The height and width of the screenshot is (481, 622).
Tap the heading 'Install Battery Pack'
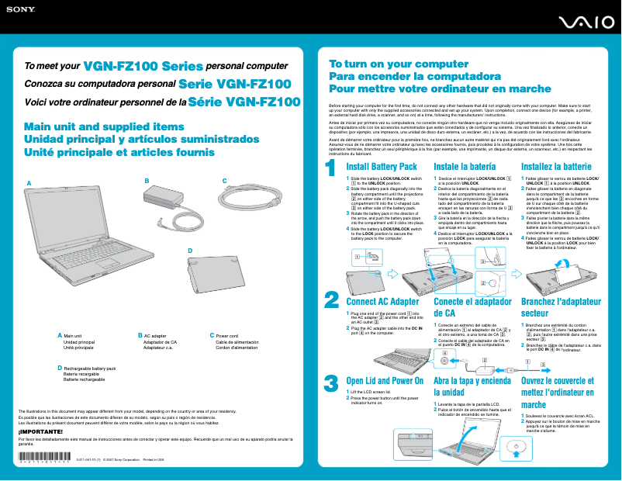(382, 167)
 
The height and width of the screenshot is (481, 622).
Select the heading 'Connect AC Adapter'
(382, 302)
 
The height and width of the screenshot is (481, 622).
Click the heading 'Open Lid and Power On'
(385, 381)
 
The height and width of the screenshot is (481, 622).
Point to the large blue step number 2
(331, 299)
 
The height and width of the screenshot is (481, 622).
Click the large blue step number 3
(331, 383)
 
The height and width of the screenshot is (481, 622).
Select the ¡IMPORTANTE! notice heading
(39, 430)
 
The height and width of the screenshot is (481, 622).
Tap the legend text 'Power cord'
(226, 336)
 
